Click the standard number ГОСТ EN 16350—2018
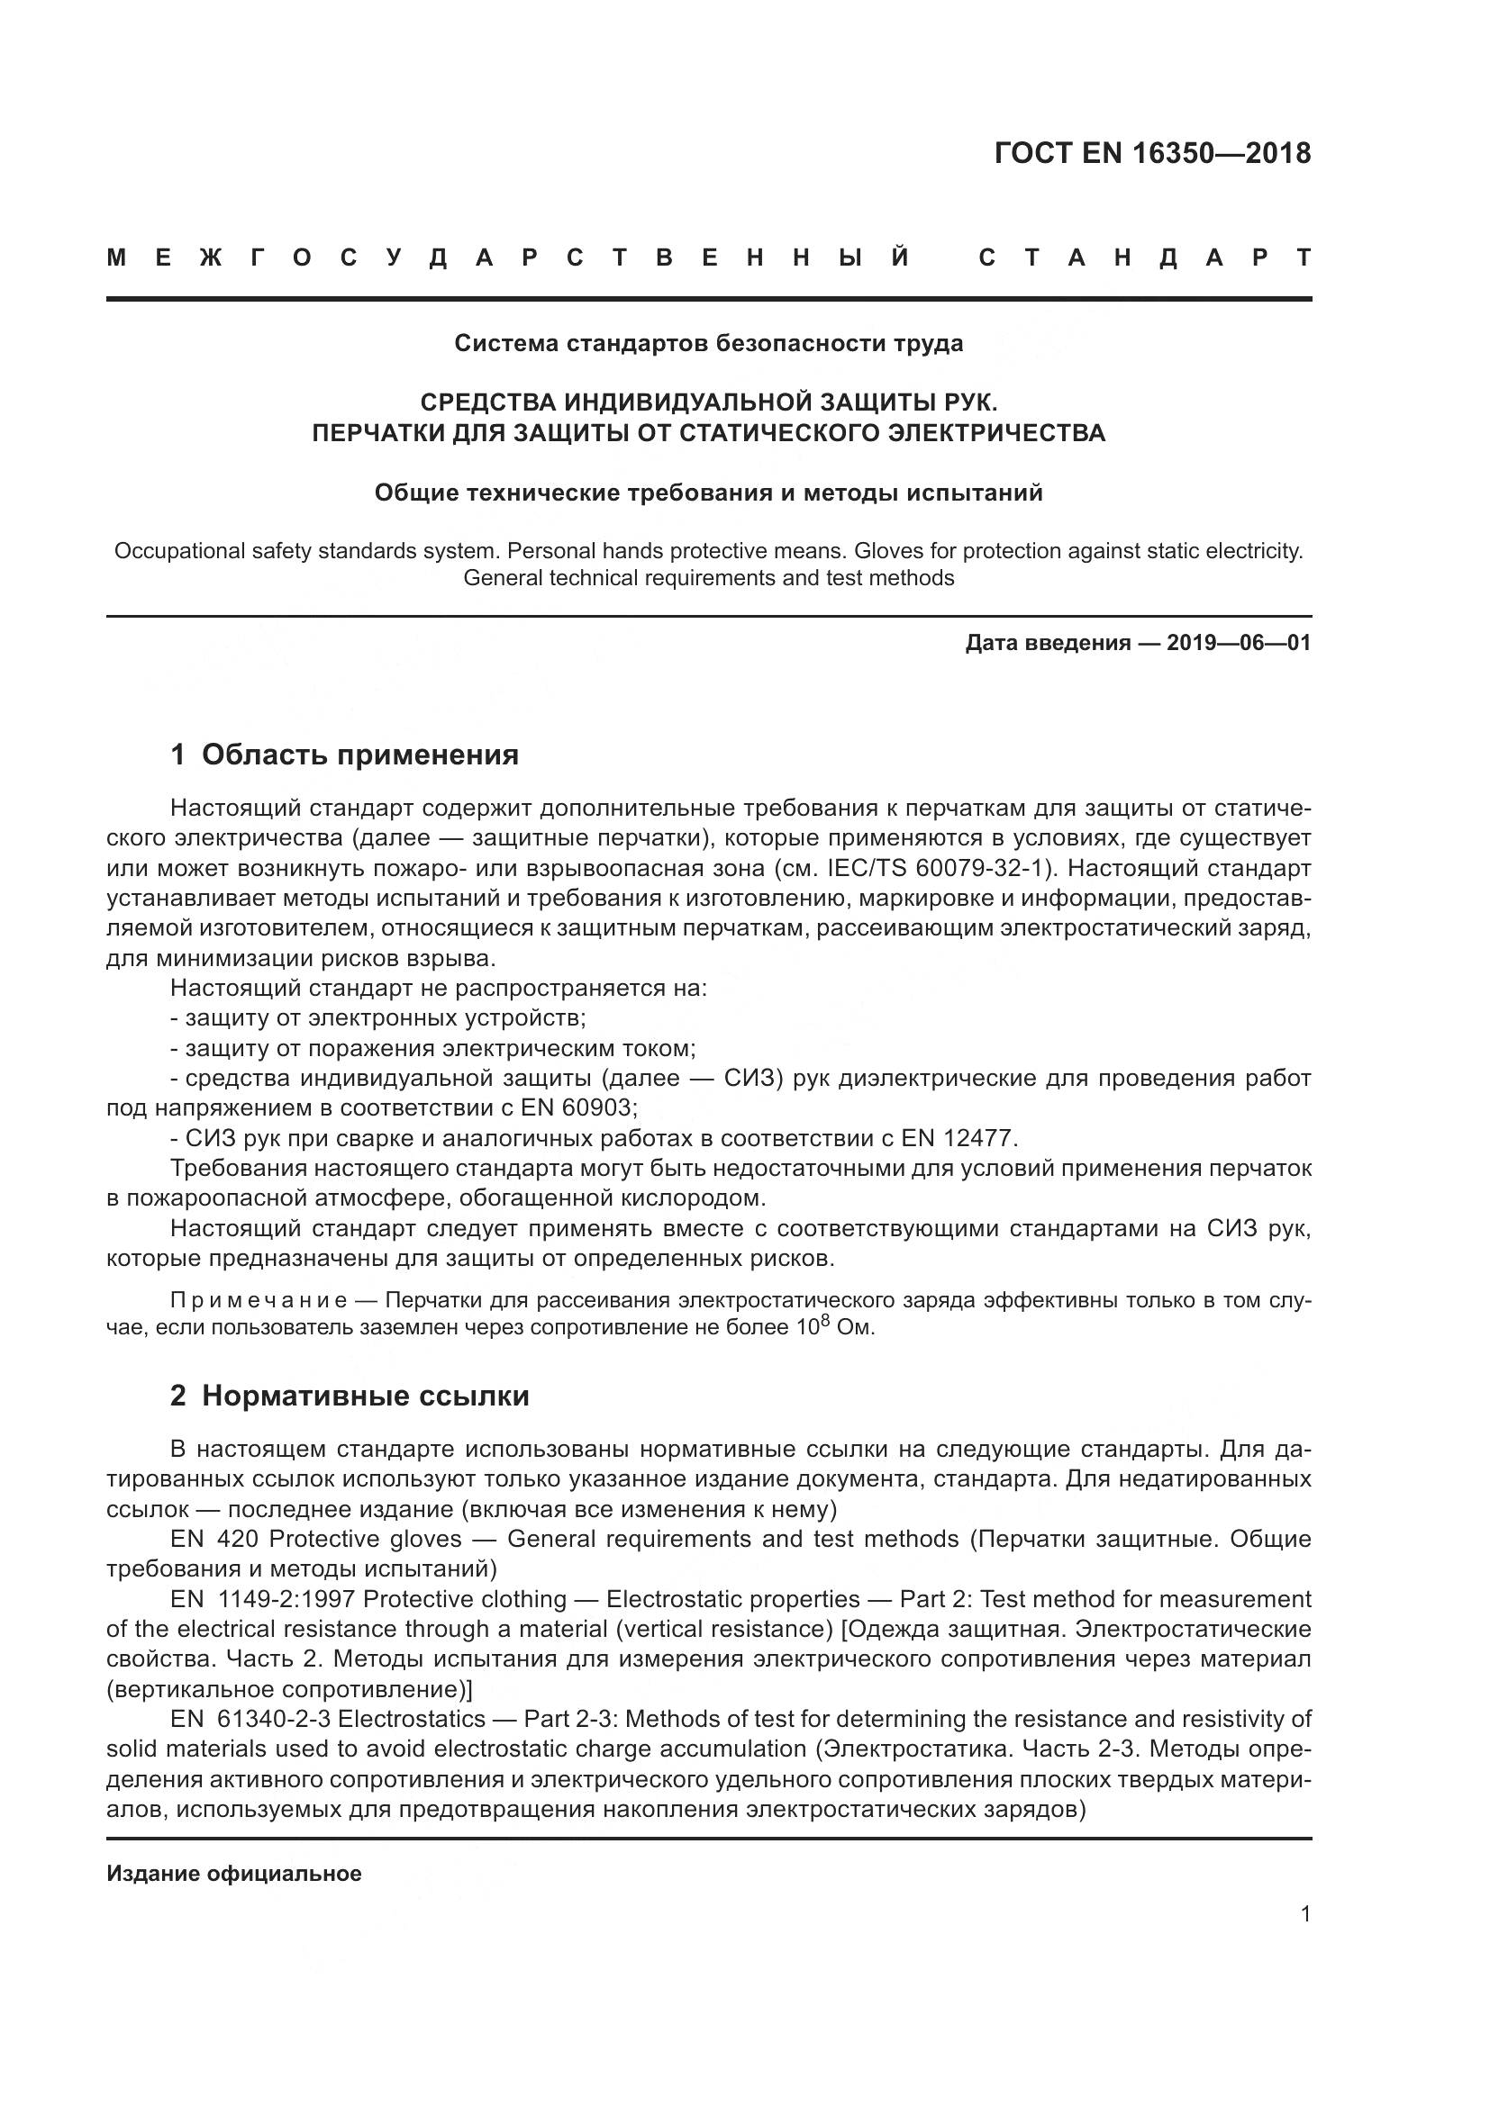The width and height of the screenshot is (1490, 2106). (1152, 153)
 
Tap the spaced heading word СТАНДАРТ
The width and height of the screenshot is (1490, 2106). (1145, 258)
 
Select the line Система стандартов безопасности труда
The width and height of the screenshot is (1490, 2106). (709, 344)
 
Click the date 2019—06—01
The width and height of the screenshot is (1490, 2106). (1239, 643)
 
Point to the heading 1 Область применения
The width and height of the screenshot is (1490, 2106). (344, 755)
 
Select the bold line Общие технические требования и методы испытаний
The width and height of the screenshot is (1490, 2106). (708, 493)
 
